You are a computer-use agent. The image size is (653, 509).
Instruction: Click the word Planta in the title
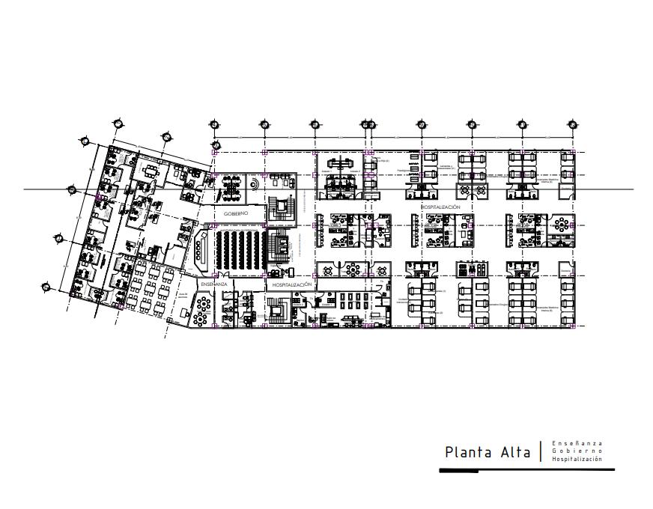point(468,452)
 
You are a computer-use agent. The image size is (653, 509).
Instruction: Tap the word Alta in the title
point(514,452)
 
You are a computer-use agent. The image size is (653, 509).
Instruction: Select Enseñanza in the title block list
point(577,443)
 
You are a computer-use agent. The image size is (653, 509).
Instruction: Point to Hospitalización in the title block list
point(577,460)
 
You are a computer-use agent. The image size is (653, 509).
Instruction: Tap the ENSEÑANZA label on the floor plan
point(213,284)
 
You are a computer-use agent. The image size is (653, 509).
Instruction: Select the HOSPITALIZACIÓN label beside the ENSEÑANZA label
point(291,284)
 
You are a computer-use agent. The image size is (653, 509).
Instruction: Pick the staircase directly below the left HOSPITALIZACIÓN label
point(280,309)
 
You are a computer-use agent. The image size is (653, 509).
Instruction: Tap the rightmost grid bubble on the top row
point(572,125)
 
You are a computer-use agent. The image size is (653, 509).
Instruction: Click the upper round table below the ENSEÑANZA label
point(202,302)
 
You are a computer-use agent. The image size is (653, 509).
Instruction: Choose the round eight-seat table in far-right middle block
point(561,224)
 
